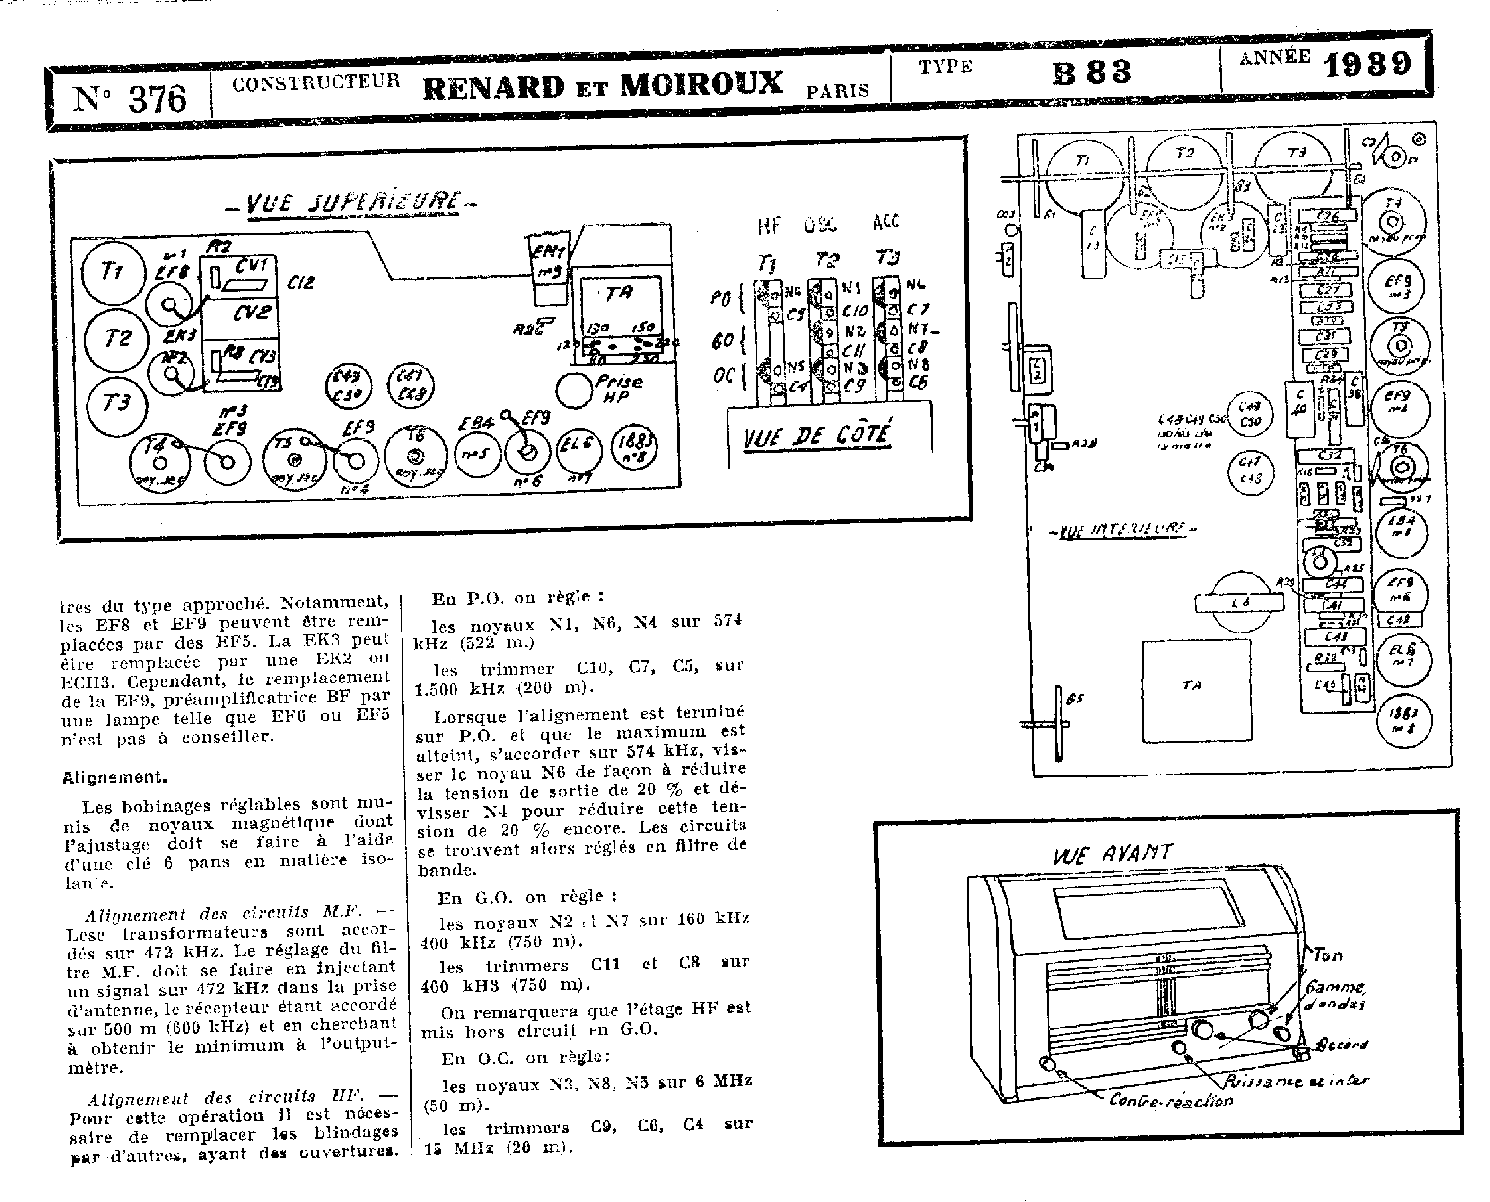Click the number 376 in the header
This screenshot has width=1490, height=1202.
point(157,99)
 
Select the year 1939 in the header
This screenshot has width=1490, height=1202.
point(1367,64)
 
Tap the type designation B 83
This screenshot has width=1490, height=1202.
point(1092,72)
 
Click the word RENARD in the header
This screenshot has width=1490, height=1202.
point(493,87)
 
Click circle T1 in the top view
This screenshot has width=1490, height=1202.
point(114,272)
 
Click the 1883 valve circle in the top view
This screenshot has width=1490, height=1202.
point(634,446)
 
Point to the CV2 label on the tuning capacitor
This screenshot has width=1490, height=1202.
point(252,313)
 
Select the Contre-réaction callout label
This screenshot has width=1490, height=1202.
point(1171,1100)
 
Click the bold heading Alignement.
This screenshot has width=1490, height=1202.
point(115,777)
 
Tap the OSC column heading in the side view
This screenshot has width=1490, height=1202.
point(820,225)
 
